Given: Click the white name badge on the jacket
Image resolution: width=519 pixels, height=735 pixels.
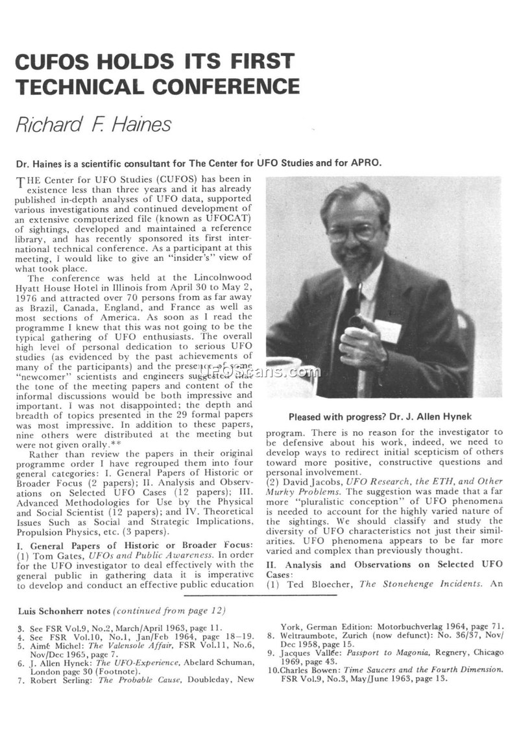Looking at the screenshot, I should [x=387, y=330].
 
